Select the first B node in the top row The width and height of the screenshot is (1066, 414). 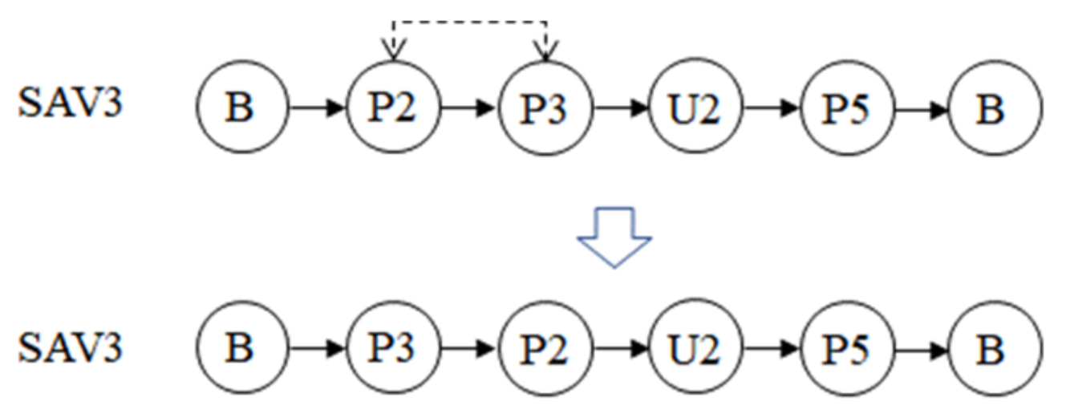point(241,108)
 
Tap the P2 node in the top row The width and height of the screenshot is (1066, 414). point(392,108)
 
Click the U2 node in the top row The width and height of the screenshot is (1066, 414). point(695,108)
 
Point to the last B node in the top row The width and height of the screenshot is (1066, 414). point(995,108)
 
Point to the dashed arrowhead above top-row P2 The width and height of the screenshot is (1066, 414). point(392,51)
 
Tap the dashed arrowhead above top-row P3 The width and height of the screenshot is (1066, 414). point(545,51)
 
